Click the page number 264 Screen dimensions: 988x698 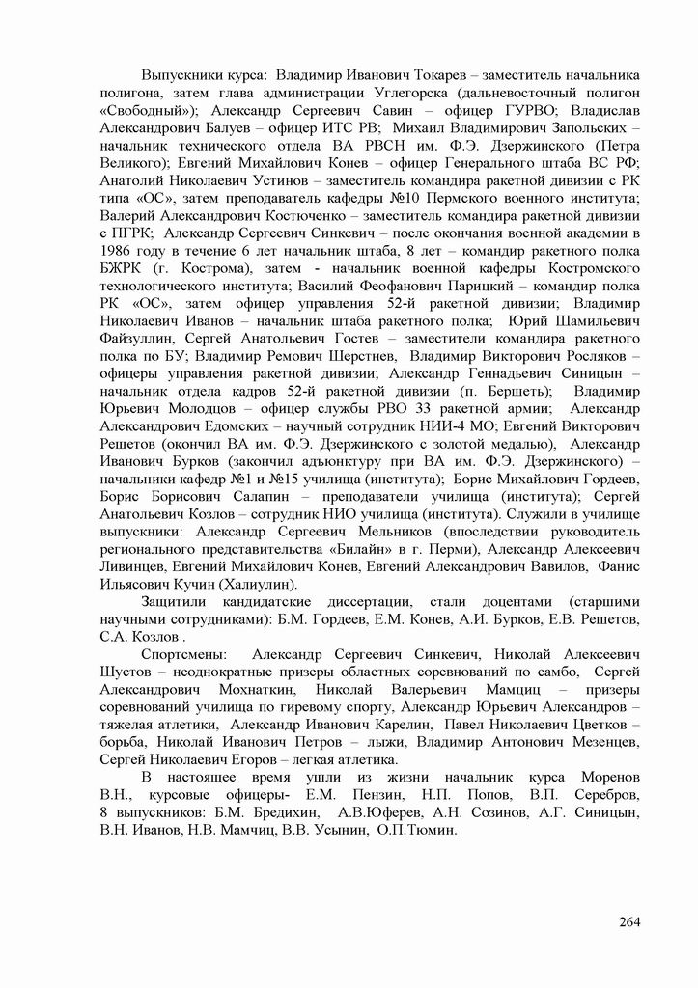coord(629,921)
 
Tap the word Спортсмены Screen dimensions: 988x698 coord(183,656)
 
